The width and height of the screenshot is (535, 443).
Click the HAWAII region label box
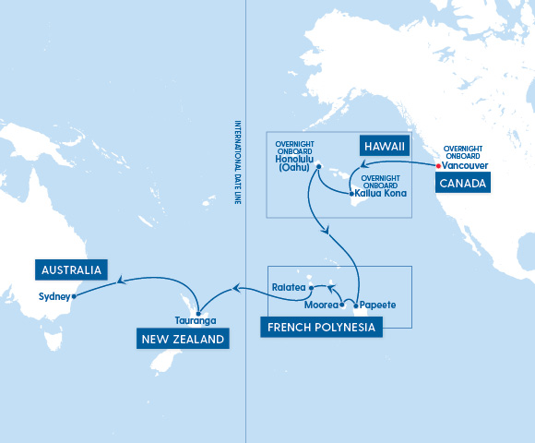[x=383, y=146]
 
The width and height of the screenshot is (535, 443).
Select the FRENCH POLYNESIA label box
[x=322, y=327]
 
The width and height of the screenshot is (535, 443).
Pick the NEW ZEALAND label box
[x=184, y=340]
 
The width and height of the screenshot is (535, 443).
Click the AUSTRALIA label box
[x=70, y=269]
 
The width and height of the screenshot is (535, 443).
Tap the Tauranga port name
[x=196, y=320]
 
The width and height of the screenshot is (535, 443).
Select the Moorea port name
[x=320, y=303]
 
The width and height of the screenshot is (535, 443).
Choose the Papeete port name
[x=379, y=303]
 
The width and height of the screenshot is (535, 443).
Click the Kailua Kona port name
[x=379, y=194]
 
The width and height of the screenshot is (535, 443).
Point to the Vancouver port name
[x=466, y=166]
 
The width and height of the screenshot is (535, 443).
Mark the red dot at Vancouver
[x=437, y=166]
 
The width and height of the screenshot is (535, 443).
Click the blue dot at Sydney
[x=74, y=296]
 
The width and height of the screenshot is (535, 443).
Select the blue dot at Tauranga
[x=198, y=312]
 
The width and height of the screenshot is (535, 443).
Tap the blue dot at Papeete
[x=355, y=304]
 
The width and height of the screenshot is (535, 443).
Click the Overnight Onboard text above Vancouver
[x=463, y=152]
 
